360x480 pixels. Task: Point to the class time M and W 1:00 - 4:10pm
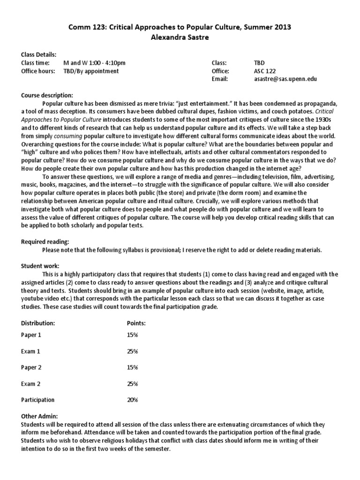point(94,63)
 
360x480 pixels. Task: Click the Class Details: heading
point(39,54)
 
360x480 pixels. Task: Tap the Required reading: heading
point(45,241)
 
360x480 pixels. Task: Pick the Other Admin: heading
point(39,416)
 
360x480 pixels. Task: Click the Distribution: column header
point(38,323)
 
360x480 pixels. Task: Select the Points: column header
point(136,323)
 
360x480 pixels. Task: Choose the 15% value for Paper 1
point(132,335)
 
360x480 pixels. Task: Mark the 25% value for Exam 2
point(132,384)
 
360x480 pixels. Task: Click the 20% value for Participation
point(132,400)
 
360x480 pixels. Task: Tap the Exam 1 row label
point(31,351)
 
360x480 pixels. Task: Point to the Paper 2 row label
point(32,367)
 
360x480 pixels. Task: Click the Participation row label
point(38,400)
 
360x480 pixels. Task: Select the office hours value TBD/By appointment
point(91,71)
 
